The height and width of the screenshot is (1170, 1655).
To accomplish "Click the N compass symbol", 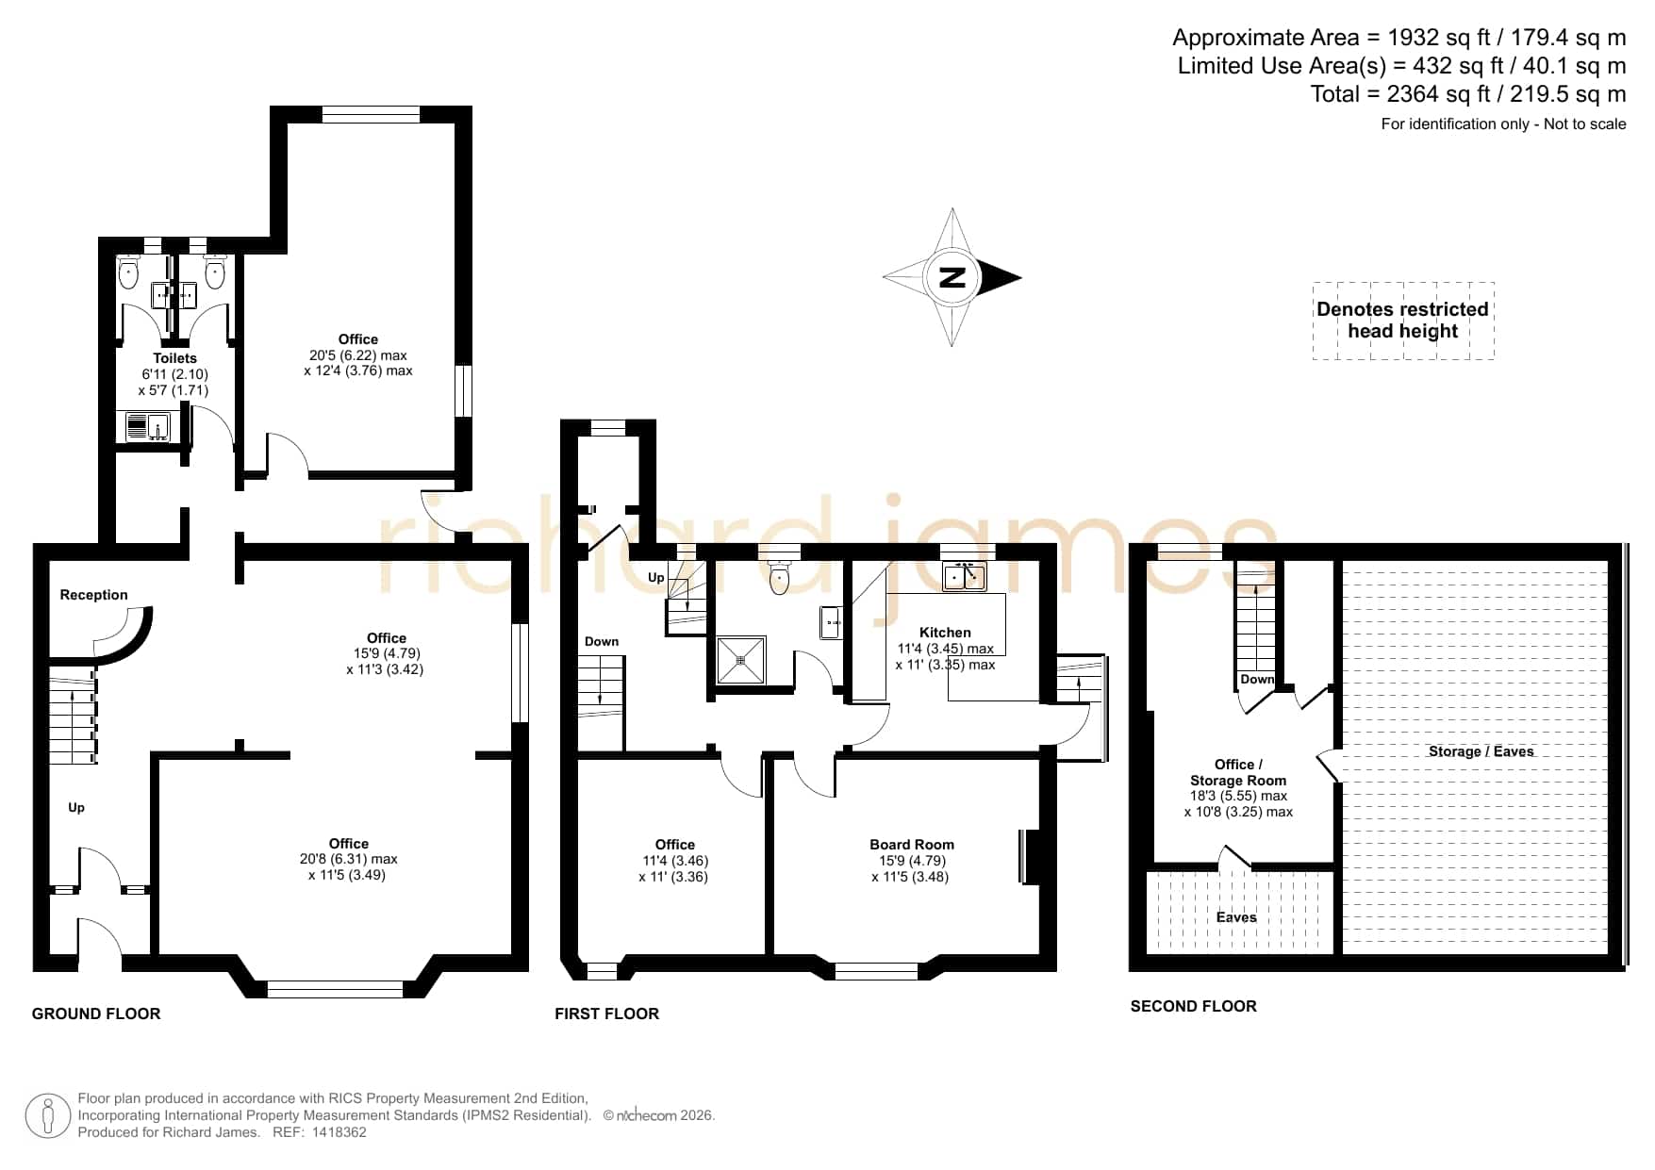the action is (x=952, y=277).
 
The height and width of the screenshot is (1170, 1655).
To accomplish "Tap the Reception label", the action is (x=93, y=595).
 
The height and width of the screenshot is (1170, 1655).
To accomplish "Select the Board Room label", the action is (x=912, y=845).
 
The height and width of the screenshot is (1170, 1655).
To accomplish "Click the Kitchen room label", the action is (x=945, y=633).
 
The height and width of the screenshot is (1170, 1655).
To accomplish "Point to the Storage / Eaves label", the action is (x=1481, y=751).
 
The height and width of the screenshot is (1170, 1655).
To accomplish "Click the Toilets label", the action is (x=175, y=358).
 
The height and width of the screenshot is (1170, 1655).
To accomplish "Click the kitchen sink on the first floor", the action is (x=965, y=575).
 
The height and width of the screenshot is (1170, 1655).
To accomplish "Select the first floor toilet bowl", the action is (x=779, y=578).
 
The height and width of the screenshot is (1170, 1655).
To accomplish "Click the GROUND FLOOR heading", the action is (x=96, y=1013).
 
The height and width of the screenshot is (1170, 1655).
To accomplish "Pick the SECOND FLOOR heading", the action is (x=1193, y=1006).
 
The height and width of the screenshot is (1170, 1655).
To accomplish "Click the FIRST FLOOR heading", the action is (x=606, y=1013).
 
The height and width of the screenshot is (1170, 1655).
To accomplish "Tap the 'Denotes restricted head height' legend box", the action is (x=1403, y=321).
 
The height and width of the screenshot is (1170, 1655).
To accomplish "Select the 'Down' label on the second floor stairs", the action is (x=1257, y=679).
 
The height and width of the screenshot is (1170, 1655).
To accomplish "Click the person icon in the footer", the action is (x=47, y=1116).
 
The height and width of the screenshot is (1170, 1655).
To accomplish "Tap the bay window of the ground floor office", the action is (x=336, y=989).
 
